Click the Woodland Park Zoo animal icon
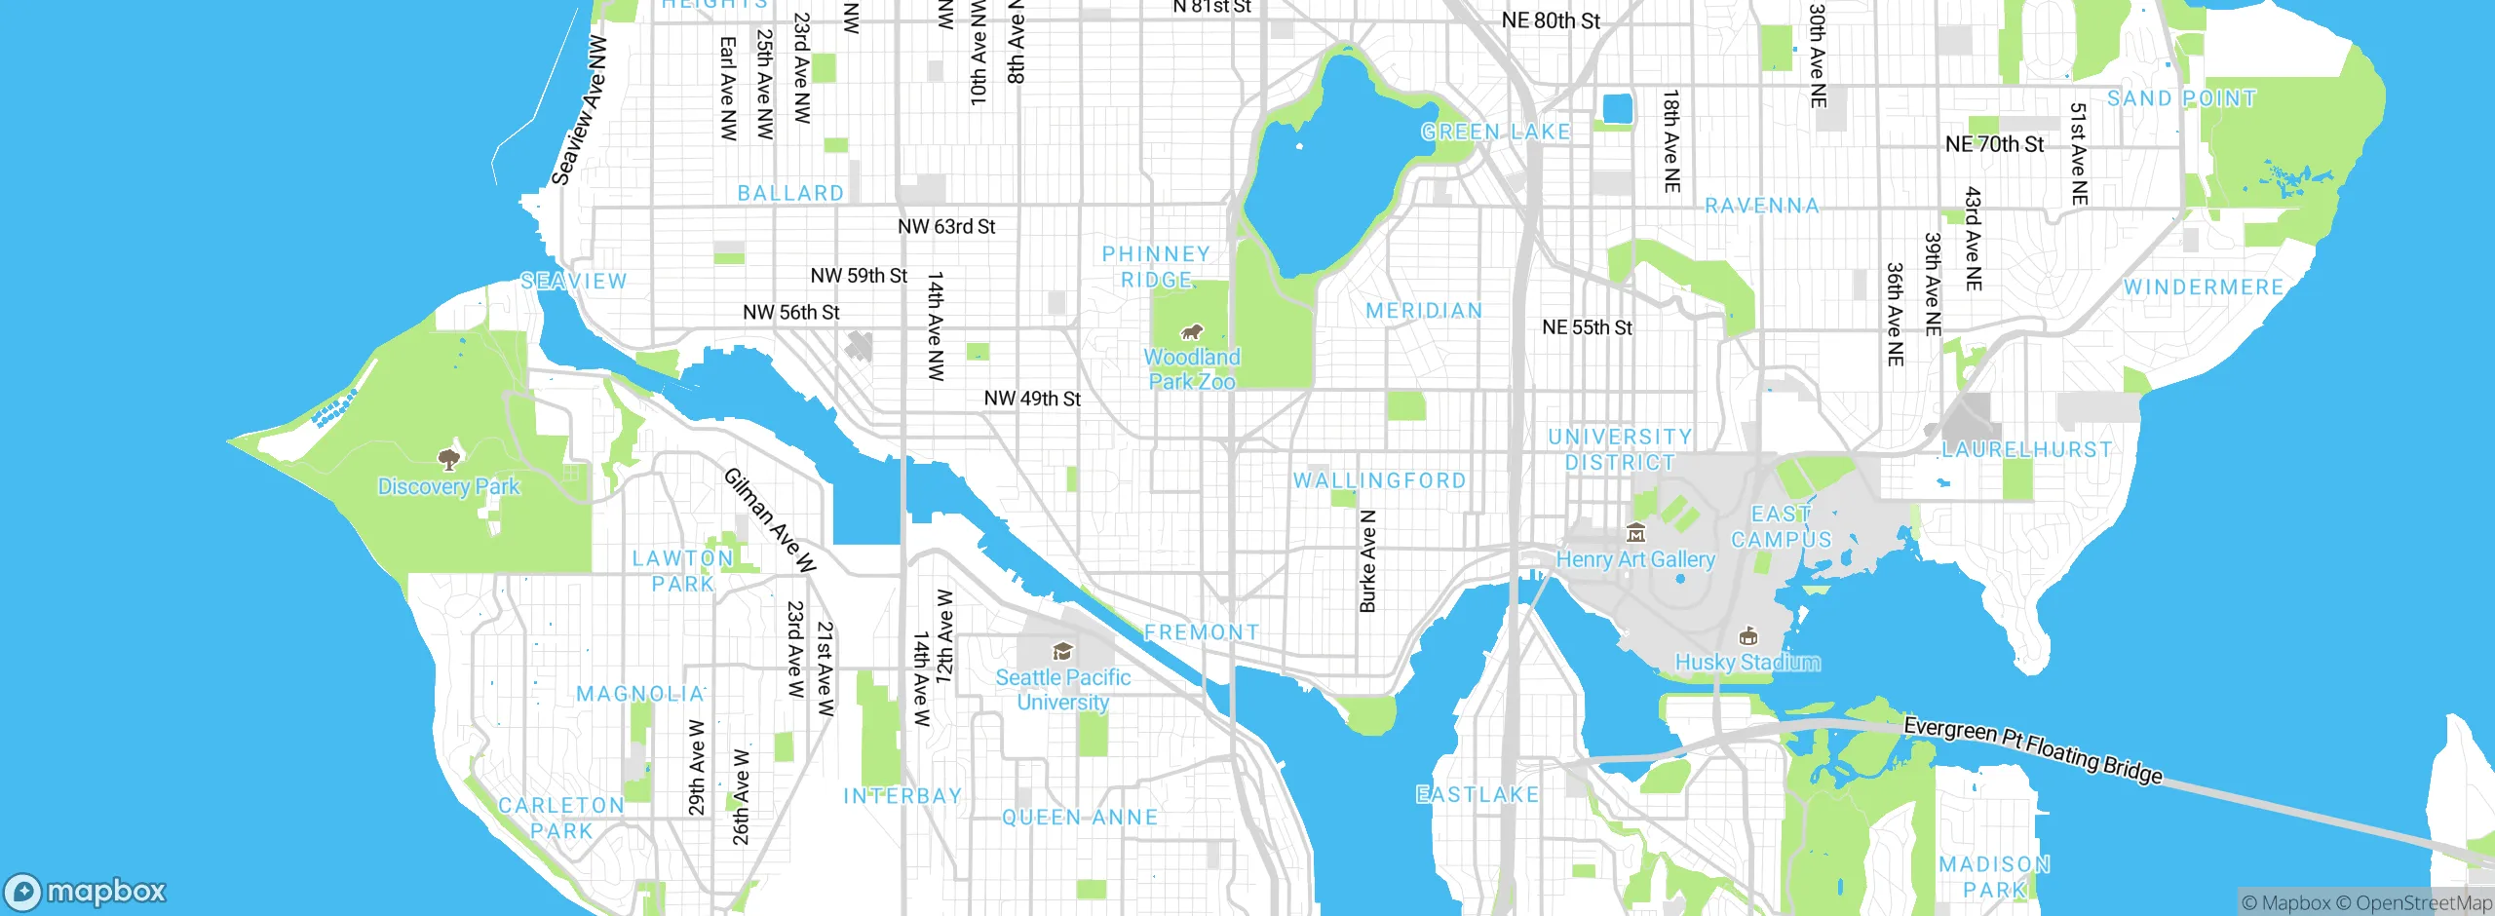pos(1192,331)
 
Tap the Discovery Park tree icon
pos(448,458)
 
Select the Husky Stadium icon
pos(1748,636)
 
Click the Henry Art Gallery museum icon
pos(1635,533)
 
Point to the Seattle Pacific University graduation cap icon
pos(1062,651)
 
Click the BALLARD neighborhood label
pos(790,193)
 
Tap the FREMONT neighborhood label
pos(1201,632)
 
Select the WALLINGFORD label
pos(1379,480)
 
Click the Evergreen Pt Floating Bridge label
pos(2033,749)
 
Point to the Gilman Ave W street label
pos(770,520)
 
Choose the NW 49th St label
pos(1032,399)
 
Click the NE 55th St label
pos(1587,327)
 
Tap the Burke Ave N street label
pos(1367,561)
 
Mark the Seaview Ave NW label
pos(579,111)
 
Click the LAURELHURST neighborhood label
pos(2027,449)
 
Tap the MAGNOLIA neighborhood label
pos(640,694)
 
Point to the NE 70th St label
pos(1994,144)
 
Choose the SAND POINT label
pos(2181,98)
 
